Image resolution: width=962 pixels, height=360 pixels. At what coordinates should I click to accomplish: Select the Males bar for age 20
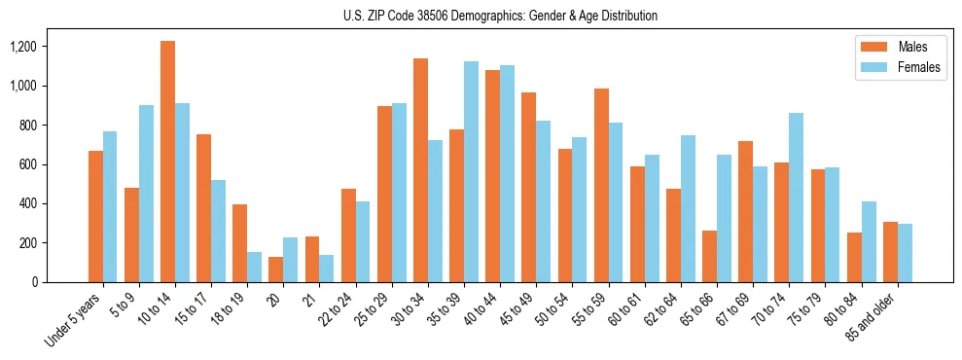pos(276,270)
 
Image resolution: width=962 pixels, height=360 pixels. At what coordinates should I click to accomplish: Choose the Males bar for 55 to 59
pos(601,185)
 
